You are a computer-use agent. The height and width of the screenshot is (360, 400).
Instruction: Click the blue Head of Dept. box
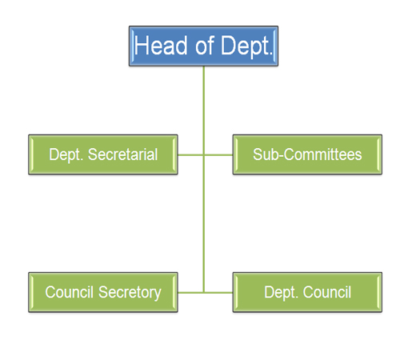click(203, 46)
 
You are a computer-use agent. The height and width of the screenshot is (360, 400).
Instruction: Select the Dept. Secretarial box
click(103, 154)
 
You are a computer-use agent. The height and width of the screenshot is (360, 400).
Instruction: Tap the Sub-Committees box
click(307, 154)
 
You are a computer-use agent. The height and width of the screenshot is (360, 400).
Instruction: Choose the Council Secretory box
click(103, 292)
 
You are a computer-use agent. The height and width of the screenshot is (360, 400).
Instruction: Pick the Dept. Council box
click(307, 292)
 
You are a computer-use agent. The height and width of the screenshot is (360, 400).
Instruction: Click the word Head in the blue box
click(161, 46)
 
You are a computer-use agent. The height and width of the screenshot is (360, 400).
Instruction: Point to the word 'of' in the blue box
click(205, 46)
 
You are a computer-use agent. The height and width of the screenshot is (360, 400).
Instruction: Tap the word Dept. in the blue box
click(246, 46)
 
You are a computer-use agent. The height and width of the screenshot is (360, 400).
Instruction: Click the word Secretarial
click(122, 154)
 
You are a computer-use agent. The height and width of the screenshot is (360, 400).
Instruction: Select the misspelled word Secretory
click(130, 293)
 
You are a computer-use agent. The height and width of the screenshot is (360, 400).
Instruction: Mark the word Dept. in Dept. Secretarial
click(66, 155)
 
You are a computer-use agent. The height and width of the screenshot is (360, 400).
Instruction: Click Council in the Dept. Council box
click(327, 292)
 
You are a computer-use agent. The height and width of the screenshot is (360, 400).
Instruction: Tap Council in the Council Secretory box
click(70, 292)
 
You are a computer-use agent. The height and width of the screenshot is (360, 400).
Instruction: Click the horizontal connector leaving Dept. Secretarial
click(190, 154)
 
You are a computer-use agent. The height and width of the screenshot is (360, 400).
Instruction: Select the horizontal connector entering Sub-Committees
click(218, 154)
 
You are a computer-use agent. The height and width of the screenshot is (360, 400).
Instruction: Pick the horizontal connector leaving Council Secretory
click(190, 293)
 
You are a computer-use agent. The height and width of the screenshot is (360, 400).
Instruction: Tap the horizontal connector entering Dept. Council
click(218, 293)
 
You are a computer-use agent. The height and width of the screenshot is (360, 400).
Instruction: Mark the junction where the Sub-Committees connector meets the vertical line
click(204, 154)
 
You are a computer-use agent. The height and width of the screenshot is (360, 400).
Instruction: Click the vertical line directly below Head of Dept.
click(204, 179)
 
